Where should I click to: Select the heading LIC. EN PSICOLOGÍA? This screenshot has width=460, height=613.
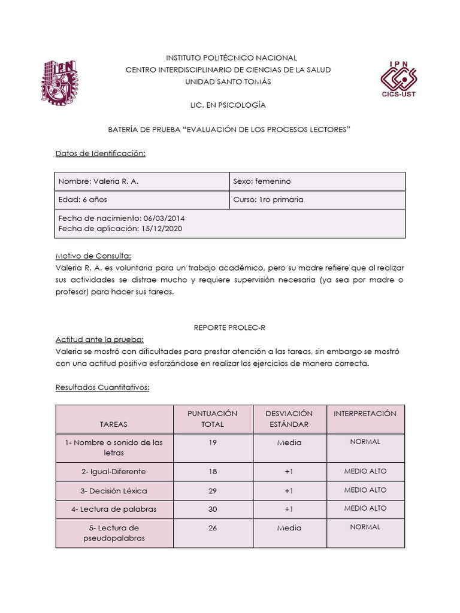[x=228, y=105]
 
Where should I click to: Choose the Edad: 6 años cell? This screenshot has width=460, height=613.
[x=83, y=199]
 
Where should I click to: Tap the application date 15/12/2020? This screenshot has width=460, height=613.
[x=161, y=228]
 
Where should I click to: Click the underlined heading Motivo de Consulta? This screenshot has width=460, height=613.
[x=93, y=256]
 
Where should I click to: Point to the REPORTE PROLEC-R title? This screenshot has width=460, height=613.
[x=228, y=327]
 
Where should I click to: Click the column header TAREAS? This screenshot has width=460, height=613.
[x=114, y=424]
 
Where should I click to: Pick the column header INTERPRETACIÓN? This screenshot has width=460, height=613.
[x=365, y=414]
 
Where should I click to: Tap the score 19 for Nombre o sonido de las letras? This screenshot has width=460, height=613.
[x=213, y=442]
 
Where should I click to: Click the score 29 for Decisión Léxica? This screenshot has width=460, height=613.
[x=213, y=490]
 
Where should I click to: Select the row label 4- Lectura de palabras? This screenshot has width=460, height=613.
[x=114, y=509]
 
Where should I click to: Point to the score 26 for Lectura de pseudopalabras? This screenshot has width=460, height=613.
[x=213, y=528]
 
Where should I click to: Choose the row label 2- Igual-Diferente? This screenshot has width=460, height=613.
[x=114, y=472]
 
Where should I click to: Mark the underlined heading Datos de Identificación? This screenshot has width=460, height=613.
[x=101, y=153]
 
